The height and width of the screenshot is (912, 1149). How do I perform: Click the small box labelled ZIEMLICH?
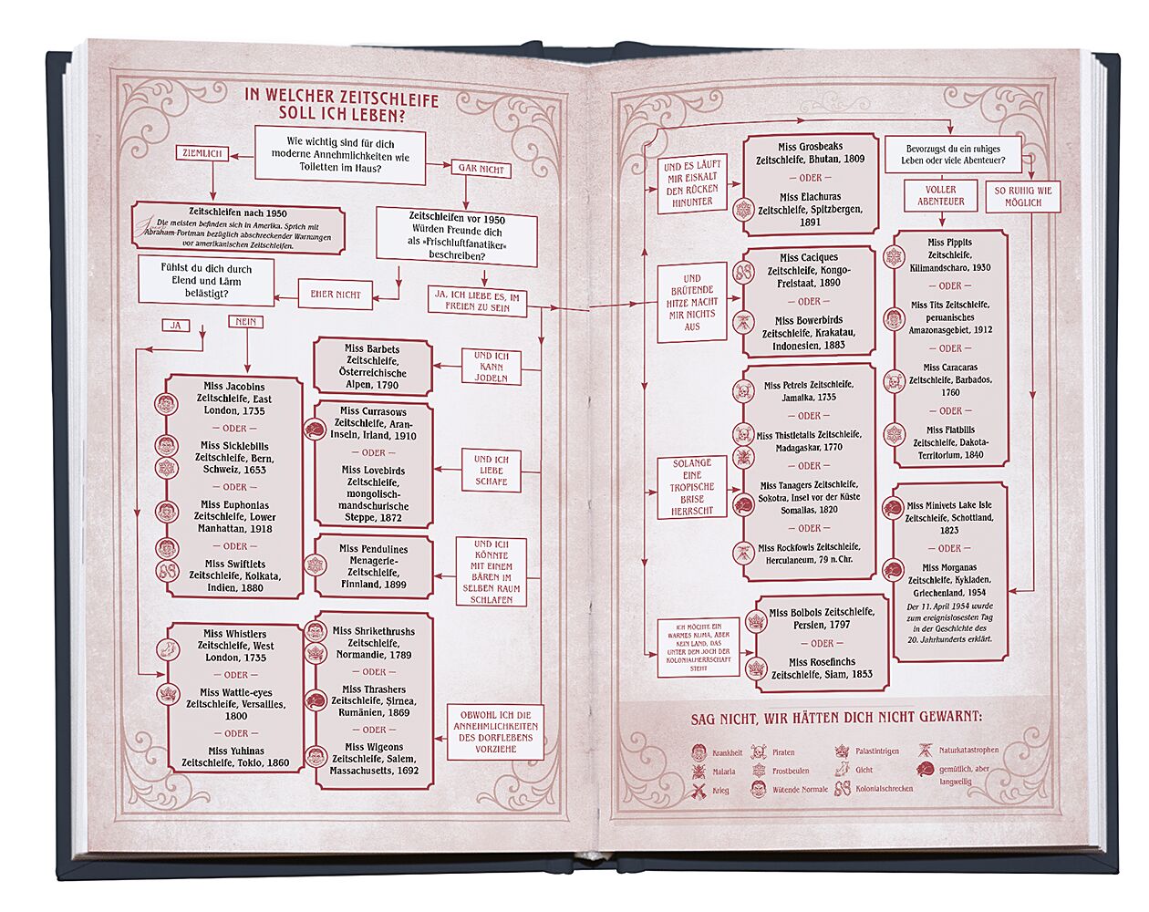202,154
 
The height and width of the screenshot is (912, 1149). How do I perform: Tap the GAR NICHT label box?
481,169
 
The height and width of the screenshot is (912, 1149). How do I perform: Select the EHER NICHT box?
335,295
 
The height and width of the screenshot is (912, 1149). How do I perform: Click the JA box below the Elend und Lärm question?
175,325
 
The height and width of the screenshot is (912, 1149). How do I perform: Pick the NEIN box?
245,322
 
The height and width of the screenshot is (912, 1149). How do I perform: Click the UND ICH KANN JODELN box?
491,367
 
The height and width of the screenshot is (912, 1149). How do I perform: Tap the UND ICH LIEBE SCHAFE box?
491,470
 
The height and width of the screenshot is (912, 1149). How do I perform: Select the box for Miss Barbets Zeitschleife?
372,367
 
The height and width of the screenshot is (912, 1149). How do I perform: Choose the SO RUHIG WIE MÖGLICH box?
1022,197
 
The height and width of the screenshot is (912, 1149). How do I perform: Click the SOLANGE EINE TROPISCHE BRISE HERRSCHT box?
692,487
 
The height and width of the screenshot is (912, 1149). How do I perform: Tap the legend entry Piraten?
783,752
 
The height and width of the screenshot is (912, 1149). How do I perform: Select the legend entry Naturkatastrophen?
968,750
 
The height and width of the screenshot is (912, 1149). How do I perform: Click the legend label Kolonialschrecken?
883,789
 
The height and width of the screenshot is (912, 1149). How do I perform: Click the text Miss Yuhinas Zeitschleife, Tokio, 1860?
235,756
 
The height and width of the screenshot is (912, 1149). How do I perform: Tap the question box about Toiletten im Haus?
340,155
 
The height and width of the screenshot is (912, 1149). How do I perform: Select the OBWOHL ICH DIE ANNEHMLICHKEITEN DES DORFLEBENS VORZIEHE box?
495,731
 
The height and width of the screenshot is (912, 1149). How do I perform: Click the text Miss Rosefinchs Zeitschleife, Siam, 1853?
822,668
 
